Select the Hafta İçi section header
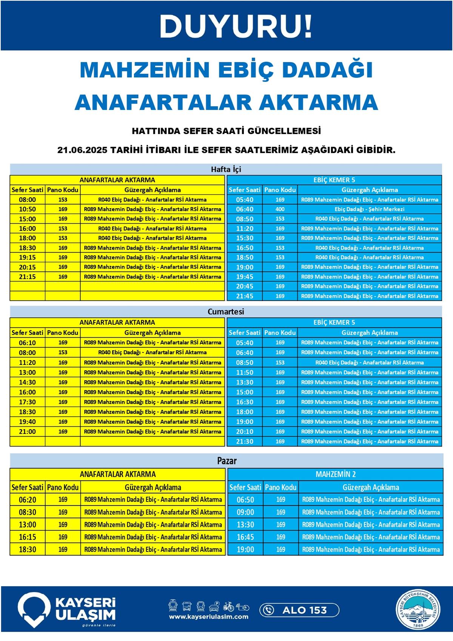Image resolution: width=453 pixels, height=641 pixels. click(x=226, y=169)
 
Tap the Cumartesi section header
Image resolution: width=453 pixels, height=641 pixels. click(x=226, y=312)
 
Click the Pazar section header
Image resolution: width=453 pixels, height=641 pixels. click(x=226, y=460)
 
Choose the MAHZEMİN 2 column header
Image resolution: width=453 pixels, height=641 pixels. click(x=335, y=474)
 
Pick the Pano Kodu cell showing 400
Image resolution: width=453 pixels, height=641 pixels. click(x=280, y=209)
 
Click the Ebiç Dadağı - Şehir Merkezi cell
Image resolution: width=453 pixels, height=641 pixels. click(x=369, y=209)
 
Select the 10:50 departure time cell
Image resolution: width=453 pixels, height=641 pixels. click(x=28, y=209)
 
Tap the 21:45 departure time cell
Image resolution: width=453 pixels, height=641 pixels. click(x=245, y=296)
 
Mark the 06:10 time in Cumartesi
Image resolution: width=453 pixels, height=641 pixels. click(x=28, y=343)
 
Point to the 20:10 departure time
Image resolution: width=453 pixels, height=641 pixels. click(x=245, y=431)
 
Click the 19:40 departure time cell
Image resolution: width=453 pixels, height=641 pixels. click(x=28, y=422)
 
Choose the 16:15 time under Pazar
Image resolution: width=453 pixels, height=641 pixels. click(x=28, y=537)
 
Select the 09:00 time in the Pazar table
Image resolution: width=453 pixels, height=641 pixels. click(x=245, y=512)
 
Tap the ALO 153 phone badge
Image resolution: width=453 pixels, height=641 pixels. click(x=299, y=610)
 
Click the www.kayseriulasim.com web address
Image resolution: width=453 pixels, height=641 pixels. click(x=209, y=617)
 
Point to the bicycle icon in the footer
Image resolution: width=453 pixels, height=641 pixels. click(x=228, y=606)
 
